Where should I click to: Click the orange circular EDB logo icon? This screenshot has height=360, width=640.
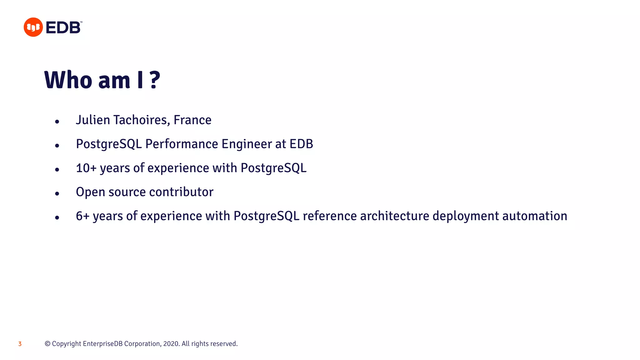(33, 27)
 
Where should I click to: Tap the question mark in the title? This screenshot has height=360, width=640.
(155, 80)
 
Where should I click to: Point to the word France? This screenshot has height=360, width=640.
(192, 120)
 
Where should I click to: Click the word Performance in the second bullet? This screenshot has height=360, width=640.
(182, 144)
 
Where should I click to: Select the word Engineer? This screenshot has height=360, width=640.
(247, 144)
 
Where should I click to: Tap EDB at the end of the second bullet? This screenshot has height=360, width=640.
(301, 144)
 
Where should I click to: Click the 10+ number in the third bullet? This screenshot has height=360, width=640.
(86, 168)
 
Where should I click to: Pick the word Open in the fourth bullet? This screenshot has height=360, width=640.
(90, 192)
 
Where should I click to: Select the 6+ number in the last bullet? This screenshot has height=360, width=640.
(82, 216)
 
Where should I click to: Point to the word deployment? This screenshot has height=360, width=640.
(466, 216)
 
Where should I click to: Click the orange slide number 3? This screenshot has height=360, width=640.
(20, 344)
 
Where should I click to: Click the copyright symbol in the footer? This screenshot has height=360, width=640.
(47, 344)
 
